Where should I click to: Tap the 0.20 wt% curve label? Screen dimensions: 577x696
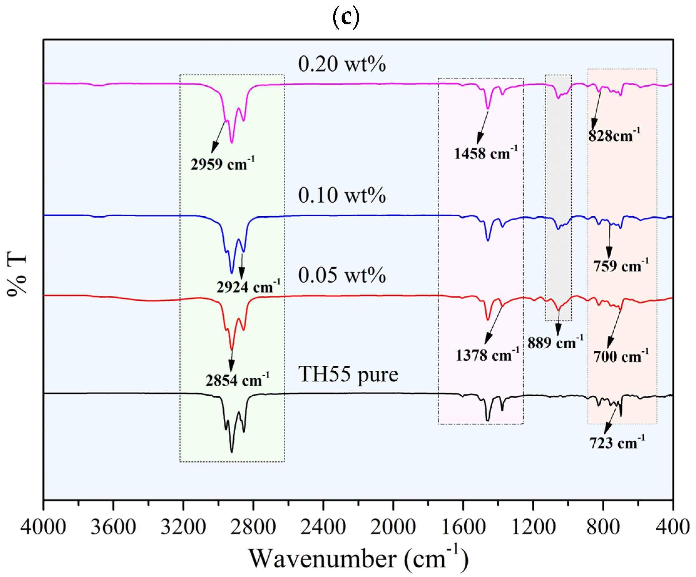(x=342, y=64)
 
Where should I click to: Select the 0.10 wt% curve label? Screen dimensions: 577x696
(x=342, y=195)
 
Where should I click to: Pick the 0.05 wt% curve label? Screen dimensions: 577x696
(x=342, y=275)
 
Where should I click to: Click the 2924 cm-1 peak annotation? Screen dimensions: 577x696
(x=248, y=287)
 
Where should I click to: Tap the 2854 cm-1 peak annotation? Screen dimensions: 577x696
(x=237, y=380)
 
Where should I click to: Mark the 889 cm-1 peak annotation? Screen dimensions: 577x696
(x=555, y=343)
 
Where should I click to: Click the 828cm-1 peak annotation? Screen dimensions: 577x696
(x=614, y=135)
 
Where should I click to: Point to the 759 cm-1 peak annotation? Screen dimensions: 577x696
(x=621, y=266)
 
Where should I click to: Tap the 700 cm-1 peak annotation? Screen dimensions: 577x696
(x=621, y=356)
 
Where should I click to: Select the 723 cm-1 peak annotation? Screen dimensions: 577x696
(x=617, y=443)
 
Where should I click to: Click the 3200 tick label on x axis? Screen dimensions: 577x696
(x=183, y=527)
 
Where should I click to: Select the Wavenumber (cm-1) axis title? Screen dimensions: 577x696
(x=358, y=559)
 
